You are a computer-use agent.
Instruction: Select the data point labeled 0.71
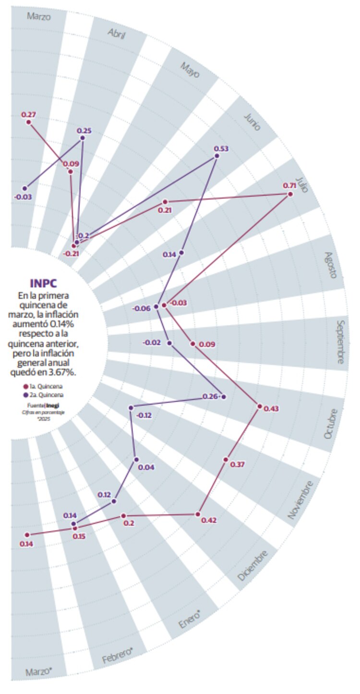pos(290,194)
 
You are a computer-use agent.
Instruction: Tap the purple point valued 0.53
pos(217,156)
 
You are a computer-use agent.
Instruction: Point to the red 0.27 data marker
pos(29,122)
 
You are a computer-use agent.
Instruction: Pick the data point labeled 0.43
pos(260,406)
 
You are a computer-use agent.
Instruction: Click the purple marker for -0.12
pos(131,408)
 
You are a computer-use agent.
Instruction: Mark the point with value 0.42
pos(197,514)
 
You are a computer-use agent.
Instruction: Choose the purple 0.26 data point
pos(223,397)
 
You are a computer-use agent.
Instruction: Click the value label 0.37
pos(237,465)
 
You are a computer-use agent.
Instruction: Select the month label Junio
pos(252,122)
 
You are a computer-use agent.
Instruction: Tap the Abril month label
pos(117,35)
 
